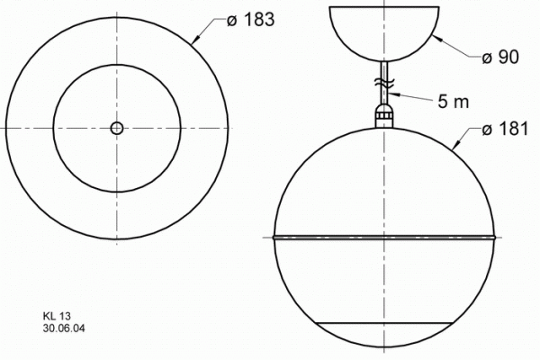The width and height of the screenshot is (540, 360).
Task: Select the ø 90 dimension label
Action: tap(499, 58)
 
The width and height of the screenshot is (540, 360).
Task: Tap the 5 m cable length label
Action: tap(454, 101)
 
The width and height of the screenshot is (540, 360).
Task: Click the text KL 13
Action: tap(56, 317)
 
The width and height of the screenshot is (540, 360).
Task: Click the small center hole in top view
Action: tap(116, 128)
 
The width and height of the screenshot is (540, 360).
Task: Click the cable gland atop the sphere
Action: tap(384, 114)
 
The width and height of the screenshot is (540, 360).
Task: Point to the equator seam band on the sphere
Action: tap(384, 238)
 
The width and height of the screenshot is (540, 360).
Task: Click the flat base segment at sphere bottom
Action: tap(384, 337)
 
